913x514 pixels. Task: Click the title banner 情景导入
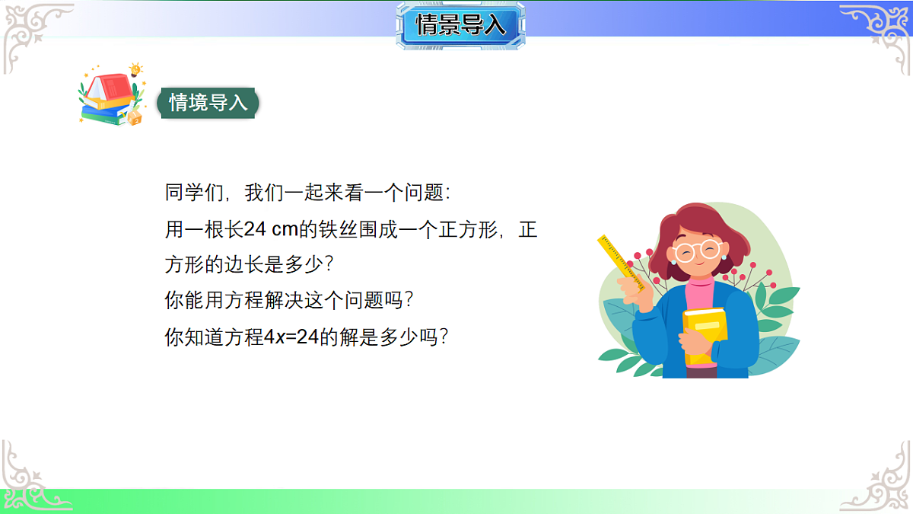coord(460,25)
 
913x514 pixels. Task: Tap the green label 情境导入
coord(208,103)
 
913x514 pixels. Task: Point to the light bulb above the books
coord(136,70)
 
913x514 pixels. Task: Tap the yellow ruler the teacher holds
coord(622,263)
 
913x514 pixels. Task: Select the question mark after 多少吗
coord(448,337)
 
